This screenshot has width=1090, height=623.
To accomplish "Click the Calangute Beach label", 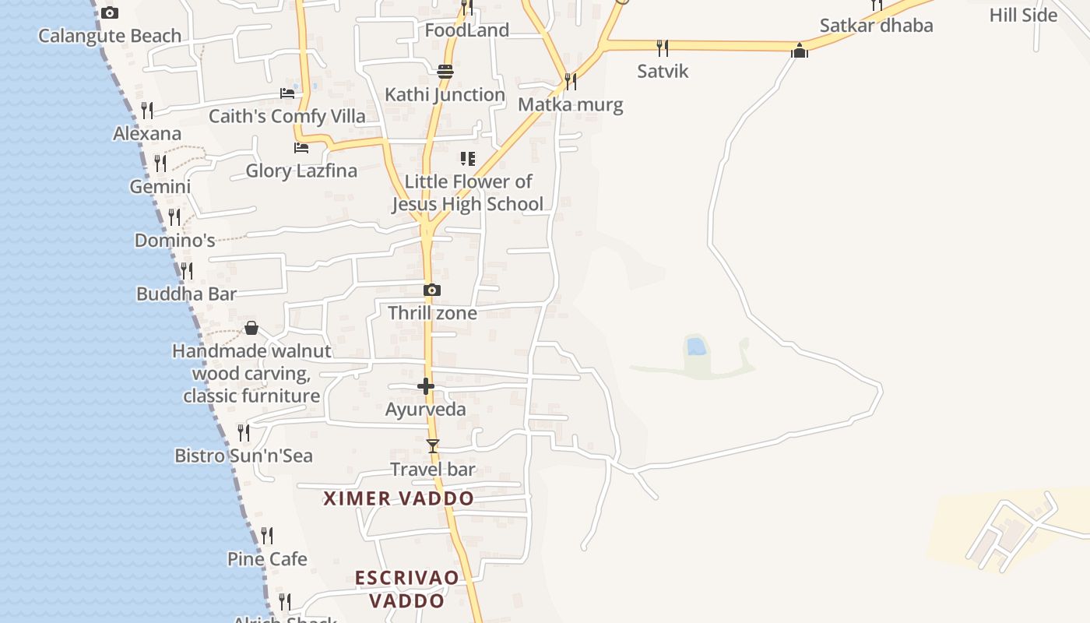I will click(110, 36).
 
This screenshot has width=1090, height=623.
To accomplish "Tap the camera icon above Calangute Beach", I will click(110, 12).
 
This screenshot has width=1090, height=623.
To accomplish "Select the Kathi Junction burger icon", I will click(445, 72).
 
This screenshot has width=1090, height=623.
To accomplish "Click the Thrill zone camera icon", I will click(432, 290).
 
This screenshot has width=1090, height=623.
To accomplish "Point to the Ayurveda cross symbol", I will click(426, 386).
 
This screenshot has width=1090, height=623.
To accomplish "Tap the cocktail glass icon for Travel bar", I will click(433, 446).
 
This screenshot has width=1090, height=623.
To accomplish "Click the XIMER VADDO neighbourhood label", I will click(399, 498).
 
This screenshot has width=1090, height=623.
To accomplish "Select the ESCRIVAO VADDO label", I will click(406, 589).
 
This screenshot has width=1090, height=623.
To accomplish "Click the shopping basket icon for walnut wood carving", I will click(251, 328).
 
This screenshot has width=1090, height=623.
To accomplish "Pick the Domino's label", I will click(175, 241).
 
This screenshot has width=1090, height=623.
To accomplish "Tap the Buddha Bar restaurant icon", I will click(187, 271).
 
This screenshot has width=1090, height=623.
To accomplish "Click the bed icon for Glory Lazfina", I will click(301, 147).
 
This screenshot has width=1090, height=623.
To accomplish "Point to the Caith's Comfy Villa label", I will click(287, 117).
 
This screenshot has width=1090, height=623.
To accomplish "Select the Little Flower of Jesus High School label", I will click(467, 193).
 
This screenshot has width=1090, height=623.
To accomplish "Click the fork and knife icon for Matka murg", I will click(571, 81).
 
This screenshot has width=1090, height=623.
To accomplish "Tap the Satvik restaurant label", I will click(663, 71).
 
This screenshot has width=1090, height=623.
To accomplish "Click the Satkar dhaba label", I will click(876, 26).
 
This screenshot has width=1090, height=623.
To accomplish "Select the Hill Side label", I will click(1023, 15).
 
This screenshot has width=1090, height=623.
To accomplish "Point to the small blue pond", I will click(697, 347).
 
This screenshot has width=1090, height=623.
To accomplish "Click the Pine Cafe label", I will click(267, 559).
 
